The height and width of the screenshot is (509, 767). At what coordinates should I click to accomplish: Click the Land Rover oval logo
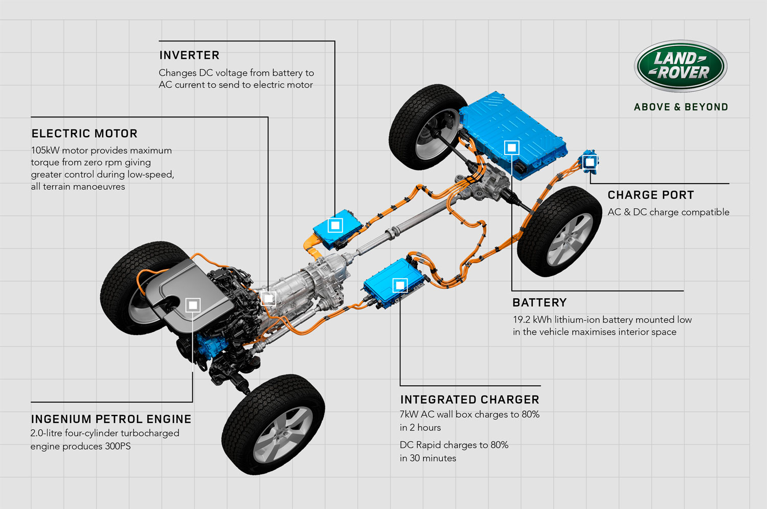[x=681, y=66]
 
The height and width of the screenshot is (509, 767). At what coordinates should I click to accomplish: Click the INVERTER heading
[x=189, y=55]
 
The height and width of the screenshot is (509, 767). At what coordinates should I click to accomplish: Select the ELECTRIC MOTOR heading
[x=84, y=133]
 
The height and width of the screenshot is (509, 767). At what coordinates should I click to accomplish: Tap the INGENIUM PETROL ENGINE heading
[x=111, y=419]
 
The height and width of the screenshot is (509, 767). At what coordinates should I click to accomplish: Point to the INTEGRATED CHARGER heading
[x=470, y=400]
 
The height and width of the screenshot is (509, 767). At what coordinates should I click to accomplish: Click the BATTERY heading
[x=539, y=302]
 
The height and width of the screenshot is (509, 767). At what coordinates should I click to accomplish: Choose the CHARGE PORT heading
[x=650, y=195]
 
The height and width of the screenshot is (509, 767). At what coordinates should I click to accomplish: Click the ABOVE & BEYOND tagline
[x=681, y=107]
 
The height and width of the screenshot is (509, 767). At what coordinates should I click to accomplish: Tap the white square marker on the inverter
[x=335, y=226]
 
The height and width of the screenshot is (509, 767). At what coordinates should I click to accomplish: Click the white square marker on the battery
[x=511, y=148]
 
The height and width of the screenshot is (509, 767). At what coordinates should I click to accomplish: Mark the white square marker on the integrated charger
[x=400, y=285]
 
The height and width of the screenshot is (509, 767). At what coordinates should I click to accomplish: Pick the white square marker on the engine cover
[x=193, y=305]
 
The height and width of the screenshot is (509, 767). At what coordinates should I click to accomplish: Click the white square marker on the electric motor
[x=268, y=299]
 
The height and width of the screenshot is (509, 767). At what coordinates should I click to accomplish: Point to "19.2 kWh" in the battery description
[x=532, y=320]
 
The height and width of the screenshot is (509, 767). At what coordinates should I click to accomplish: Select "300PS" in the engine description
[x=118, y=446]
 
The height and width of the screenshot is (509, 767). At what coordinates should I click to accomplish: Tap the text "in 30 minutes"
[x=427, y=458]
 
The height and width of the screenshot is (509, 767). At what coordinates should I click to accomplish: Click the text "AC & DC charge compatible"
[x=668, y=212]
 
